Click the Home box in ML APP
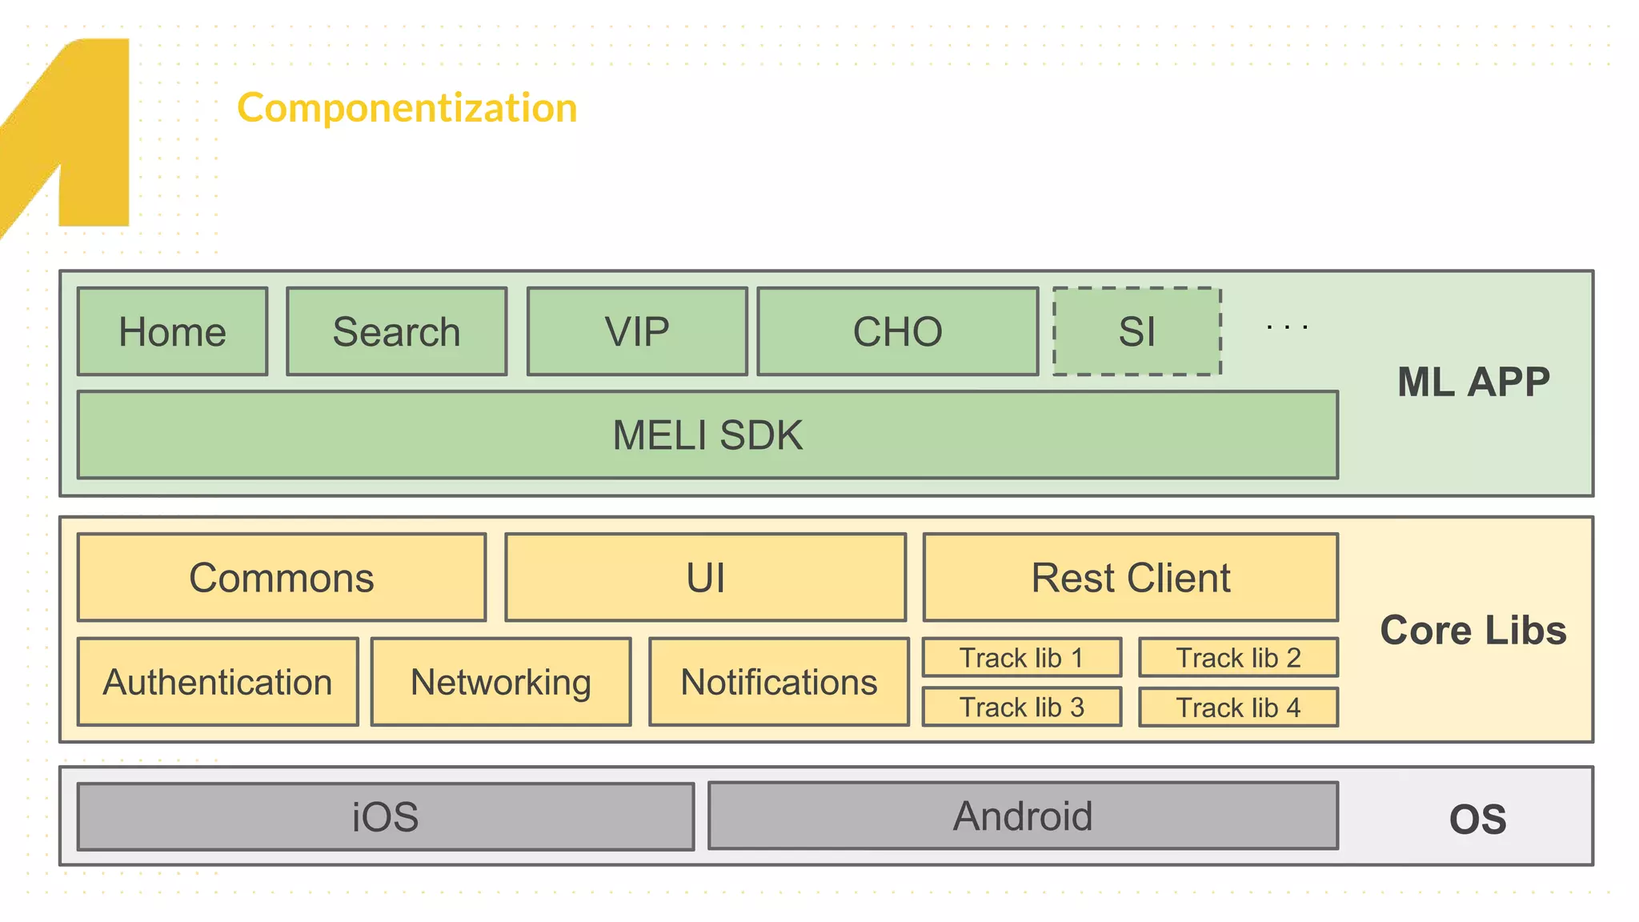click(x=172, y=331)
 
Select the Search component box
click(x=396, y=331)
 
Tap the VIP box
click(x=637, y=331)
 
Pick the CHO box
click(x=897, y=331)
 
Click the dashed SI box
click(x=1136, y=331)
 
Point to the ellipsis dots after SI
click(x=1287, y=327)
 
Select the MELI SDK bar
click(x=707, y=435)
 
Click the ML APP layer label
click(x=1473, y=382)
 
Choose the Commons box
click(x=282, y=578)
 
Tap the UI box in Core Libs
click(x=705, y=578)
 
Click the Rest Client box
click(x=1130, y=578)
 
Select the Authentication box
click(x=218, y=682)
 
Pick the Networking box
click(x=501, y=682)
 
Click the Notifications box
click(x=779, y=682)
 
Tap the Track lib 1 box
click(x=1021, y=658)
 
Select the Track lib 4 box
click(x=1238, y=708)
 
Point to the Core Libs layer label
click(x=1473, y=630)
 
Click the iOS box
click(x=385, y=817)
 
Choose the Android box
click(x=1023, y=816)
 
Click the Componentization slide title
click(x=407, y=108)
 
